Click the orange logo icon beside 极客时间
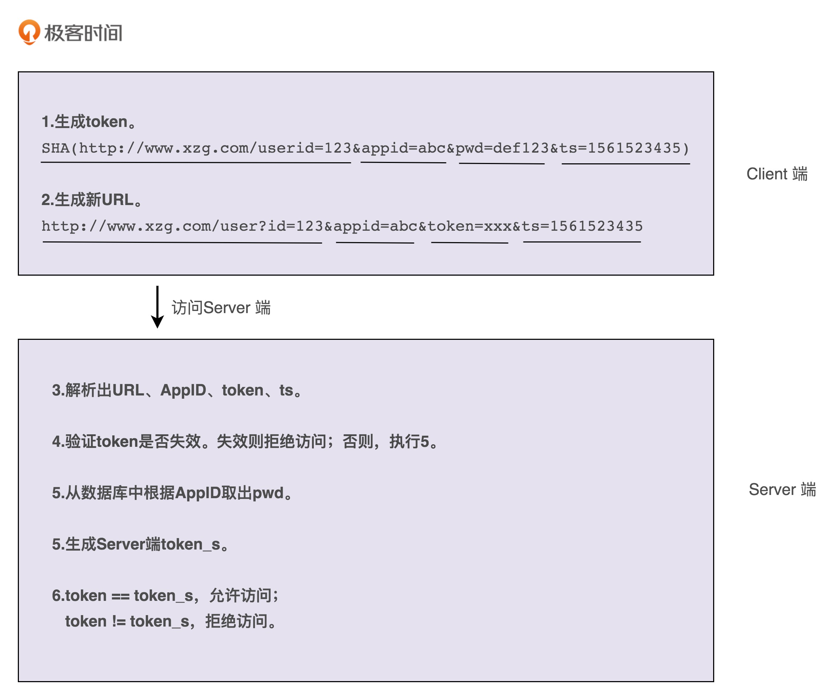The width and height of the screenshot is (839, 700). pos(29,32)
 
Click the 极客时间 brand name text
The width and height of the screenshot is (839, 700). pos(83,33)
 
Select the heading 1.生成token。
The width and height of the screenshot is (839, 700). pos(89,122)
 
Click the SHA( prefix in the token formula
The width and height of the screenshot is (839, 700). pos(59,148)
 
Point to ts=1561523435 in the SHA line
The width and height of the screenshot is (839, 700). pos(620,148)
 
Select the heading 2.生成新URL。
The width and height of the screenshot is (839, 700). pos(92,200)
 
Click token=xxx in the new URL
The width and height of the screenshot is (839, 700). pos(470,226)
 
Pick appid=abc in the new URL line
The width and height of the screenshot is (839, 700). pos(375,226)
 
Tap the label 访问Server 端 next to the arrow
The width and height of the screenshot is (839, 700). pos(221,308)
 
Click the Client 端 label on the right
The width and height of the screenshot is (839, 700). pos(777,174)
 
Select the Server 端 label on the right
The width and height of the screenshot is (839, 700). pos(782,490)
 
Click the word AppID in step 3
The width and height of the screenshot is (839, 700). pos(183,390)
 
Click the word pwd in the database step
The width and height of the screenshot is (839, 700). pos(268,493)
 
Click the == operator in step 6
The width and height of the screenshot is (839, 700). pos(120,596)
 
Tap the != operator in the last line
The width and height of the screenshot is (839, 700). pos(119,622)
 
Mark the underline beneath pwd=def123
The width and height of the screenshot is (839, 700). pos(501,163)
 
